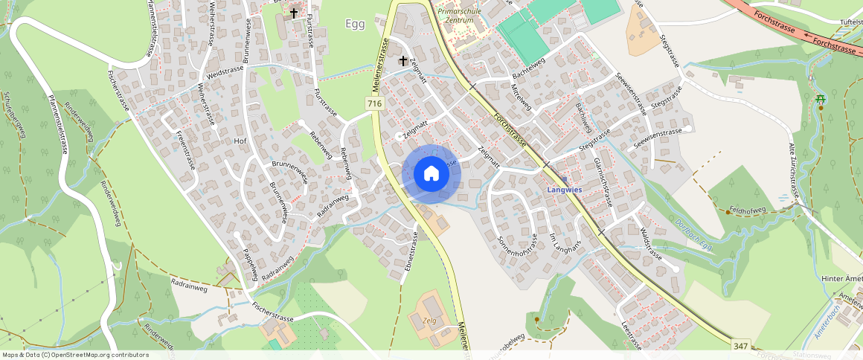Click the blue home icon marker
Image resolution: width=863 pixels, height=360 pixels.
click(x=431, y=174)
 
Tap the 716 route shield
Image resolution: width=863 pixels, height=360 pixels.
click(x=374, y=104)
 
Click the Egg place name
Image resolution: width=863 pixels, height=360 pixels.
click(x=356, y=24)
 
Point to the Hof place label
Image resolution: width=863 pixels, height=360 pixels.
click(x=240, y=140)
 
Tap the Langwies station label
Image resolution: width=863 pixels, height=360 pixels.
click(x=564, y=190)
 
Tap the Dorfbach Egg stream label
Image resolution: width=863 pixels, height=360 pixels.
click(x=694, y=235)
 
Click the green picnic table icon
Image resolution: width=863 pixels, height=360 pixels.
click(x=820, y=99)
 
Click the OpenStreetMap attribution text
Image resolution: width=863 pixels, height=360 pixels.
click(x=75, y=355)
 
